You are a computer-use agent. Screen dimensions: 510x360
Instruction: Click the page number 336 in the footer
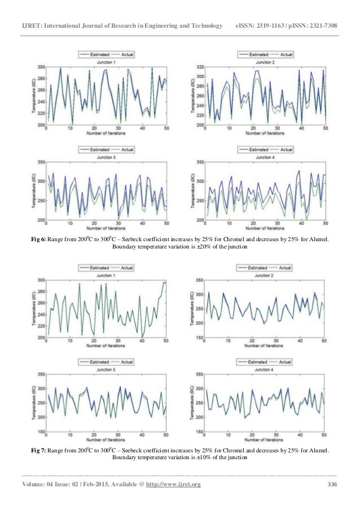[x=332, y=485]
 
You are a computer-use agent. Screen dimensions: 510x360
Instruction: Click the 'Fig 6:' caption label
[x=38, y=240]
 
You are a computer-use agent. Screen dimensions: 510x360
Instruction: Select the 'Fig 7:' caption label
[x=38, y=450]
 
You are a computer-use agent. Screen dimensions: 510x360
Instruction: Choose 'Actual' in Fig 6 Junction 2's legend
[x=286, y=55]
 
